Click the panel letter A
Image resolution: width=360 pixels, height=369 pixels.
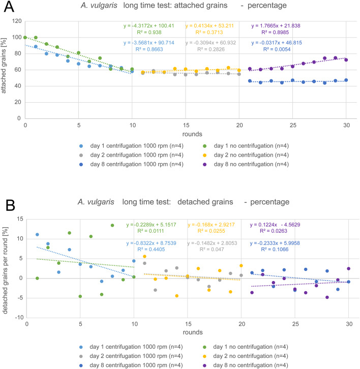click(9, 7)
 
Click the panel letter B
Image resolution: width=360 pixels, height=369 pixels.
click(10, 205)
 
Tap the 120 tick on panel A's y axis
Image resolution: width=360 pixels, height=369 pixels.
click(17, 21)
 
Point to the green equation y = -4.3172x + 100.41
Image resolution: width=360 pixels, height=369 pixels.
click(149, 25)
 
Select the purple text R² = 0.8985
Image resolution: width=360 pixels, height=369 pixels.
click(275, 32)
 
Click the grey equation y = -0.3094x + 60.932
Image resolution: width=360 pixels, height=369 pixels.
click(211, 43)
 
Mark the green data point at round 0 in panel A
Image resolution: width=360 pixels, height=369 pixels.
click(25, 38)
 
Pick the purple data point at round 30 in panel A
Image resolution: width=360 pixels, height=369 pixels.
click(346, 60)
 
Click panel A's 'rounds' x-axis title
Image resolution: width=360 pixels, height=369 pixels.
click(192, 134)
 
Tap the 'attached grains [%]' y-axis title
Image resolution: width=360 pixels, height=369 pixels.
click(4, 66)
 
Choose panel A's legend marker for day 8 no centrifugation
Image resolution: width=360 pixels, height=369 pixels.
click(204, 165)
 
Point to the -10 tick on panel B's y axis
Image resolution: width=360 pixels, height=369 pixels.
click(19, 318)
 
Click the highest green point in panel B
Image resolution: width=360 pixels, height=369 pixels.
click(112, 226)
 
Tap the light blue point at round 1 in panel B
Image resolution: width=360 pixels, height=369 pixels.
click(37, 234)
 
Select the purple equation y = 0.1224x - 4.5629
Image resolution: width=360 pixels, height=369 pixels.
click(275, 225)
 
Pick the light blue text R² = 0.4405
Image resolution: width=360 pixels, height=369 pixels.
click(151, 250)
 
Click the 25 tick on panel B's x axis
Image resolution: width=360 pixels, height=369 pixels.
click(295, 324)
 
